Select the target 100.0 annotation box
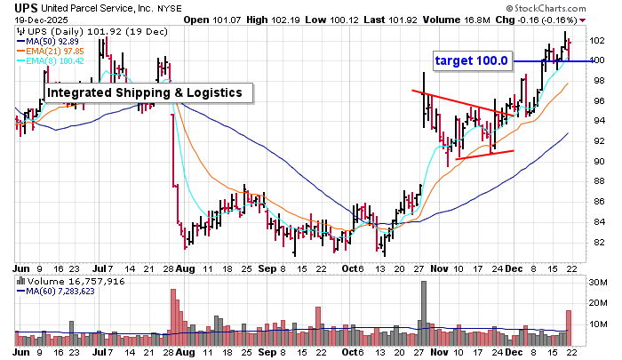472,60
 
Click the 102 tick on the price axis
597,41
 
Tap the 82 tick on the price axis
597,243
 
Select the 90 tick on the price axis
597,162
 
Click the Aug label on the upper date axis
185,267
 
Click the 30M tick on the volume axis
598,281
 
